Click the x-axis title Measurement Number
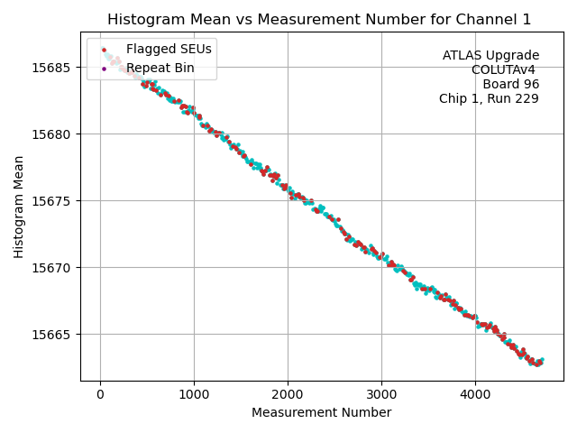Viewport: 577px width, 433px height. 321,413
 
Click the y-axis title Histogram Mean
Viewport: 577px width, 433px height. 19,207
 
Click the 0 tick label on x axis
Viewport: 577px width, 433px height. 100,394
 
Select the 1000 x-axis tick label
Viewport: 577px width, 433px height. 194,394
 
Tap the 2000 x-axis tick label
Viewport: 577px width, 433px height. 288,394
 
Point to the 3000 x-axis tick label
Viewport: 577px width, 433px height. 381,394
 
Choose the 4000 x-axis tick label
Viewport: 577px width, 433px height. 475,394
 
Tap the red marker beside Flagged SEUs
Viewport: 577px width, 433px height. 104,50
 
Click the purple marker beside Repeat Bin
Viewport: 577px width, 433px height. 104,68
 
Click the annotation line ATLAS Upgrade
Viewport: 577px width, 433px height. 490,56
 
